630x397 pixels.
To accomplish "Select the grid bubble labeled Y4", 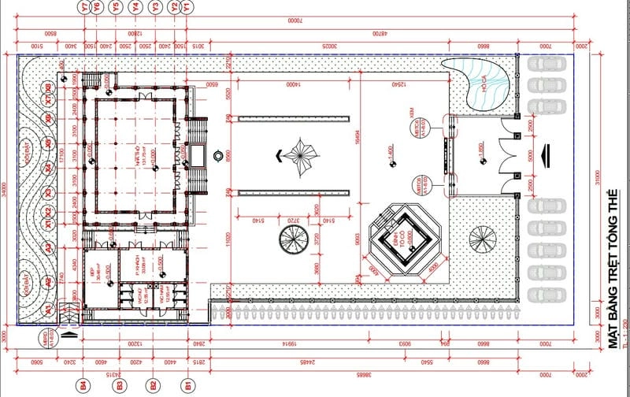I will click(136, 6).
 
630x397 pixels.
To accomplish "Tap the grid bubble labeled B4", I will click(84, 385).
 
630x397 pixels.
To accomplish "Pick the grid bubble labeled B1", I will click(188, 385).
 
